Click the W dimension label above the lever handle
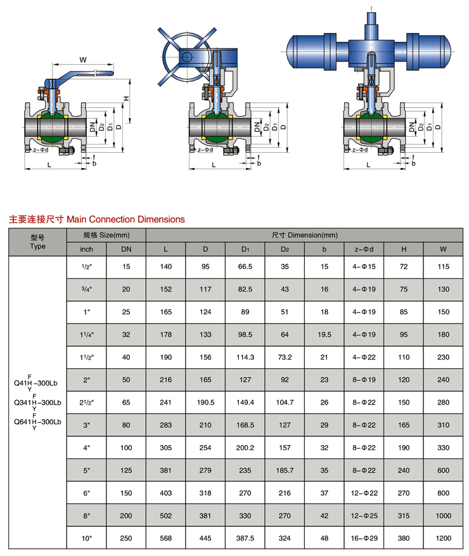click(83, 60)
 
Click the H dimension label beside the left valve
click(126, 98)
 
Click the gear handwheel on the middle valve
click(187, 56)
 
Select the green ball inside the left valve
click(52, 127)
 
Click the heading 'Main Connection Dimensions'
click(125, 219)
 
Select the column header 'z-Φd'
click(364, 249)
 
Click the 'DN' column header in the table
click(126, 249)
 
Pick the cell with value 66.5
click(245, 267)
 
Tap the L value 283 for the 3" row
click(165, 425)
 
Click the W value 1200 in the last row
click(443, 538)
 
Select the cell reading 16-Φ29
click(364, 538)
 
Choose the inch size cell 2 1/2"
click(86, 403)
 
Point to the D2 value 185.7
click(285, 470)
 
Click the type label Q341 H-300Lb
click(37, 403)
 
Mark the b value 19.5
click(324, 335)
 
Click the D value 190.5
click(205, 403)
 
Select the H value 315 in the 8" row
click(404, 515)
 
